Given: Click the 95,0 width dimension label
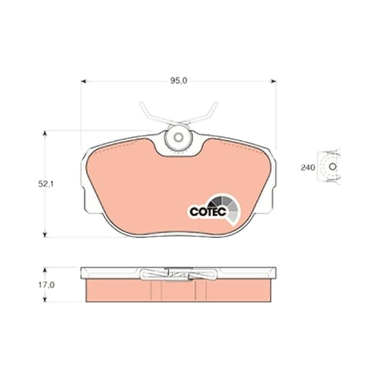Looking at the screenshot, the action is [x=179, y=81].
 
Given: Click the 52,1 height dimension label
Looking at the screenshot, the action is [x=45, y=184].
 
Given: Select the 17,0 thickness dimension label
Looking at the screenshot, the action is [x=46, y=285].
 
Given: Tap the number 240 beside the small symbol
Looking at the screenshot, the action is [x=308, y=168].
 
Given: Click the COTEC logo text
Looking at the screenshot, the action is [x=208, y=212].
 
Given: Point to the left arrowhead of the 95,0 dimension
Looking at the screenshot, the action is [x=84, y=81].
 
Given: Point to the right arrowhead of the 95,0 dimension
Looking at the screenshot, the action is [x=273, y=81].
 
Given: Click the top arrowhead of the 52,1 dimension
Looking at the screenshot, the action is [x=45, y=134].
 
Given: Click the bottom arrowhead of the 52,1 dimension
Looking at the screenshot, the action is [x=45, y=235].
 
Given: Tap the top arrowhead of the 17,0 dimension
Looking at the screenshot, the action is [x=45, y=270].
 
